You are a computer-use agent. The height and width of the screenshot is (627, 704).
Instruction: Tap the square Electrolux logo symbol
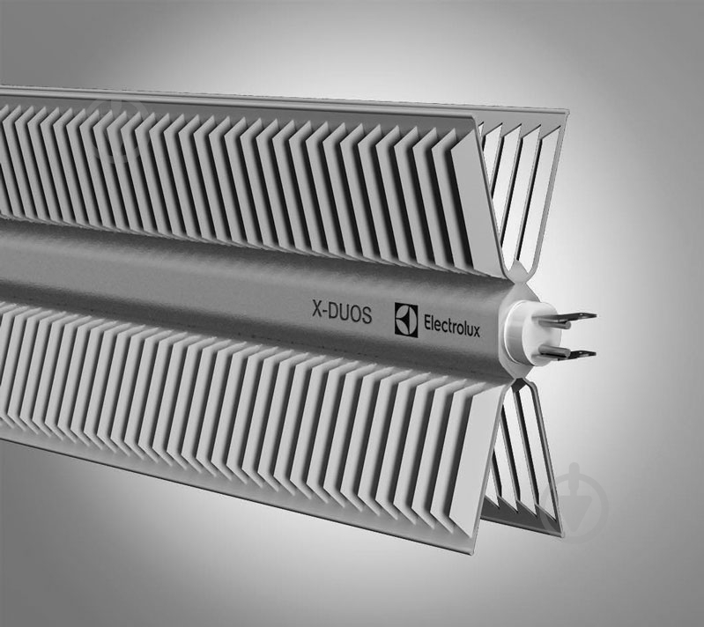coord(404,317)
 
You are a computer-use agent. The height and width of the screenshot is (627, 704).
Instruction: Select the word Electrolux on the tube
coord(451,319)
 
